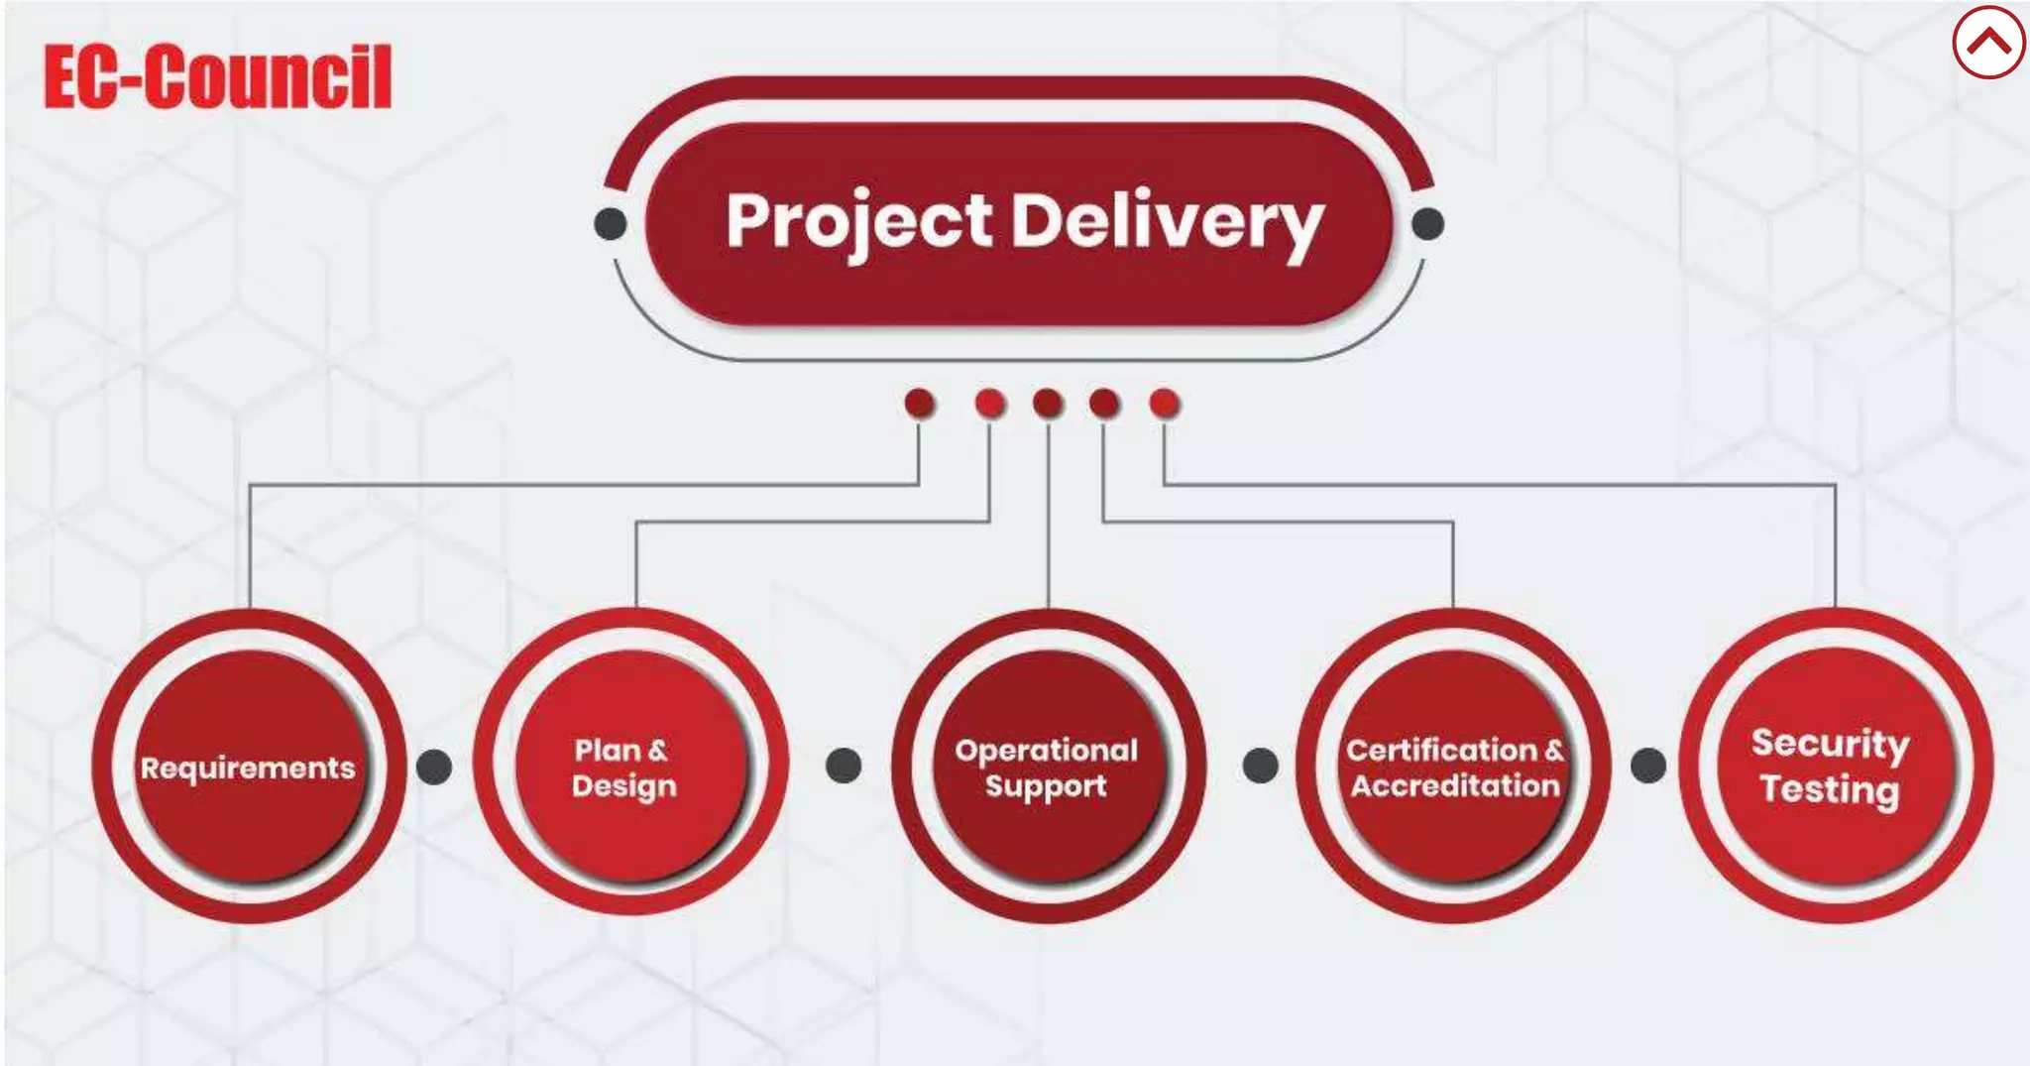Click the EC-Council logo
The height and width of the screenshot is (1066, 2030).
pyautogui.click(x=218, y=76)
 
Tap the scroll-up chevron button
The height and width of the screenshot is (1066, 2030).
pyautogui.click(x=1988, y=43)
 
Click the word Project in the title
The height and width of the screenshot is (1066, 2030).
pyautogui.click(x=858, y=221)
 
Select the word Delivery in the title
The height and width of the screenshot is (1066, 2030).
pyautogui.click(x=1167, y=221)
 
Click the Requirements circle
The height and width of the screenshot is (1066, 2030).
pyautogui.click(x=249, y=767)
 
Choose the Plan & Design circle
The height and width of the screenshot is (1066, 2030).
pyautogui.click(x=630, y=767)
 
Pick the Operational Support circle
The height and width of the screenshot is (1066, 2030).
pyautogui.click(x=1048, y=767)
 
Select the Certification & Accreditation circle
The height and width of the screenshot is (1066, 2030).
pyautogui.click(x=1454, y=767)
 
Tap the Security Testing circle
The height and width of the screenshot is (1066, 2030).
pyautogui.click(x=1835, y=767)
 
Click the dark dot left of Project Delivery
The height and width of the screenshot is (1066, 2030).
pyautogui.click(x=611, y=224)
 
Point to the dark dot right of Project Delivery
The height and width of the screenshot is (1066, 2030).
pyautogui.click(x=1427, y=224)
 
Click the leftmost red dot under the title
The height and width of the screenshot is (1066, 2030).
pyautogui.click(x=920, y=403)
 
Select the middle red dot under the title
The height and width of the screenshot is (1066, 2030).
pyautogui.click(x=1048, y=403)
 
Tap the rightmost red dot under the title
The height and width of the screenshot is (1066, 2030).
pyautogui.click(x=1165, y=403)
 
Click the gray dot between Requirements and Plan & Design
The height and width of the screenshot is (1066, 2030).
pyautogui.click(x=434, y=766)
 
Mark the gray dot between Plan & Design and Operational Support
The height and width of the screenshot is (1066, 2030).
pyautogui.click(x=844, y=765)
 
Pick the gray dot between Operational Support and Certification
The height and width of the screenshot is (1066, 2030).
pyautogui.click(x=1260, y=765)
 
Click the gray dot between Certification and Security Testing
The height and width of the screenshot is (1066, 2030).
pyautogui.click(x=1648, y=765)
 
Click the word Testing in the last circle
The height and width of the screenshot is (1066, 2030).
pyautogui.click(x=1830, y=790)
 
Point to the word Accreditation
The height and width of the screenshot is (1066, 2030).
pyautogui.click(x=1455, y=786)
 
